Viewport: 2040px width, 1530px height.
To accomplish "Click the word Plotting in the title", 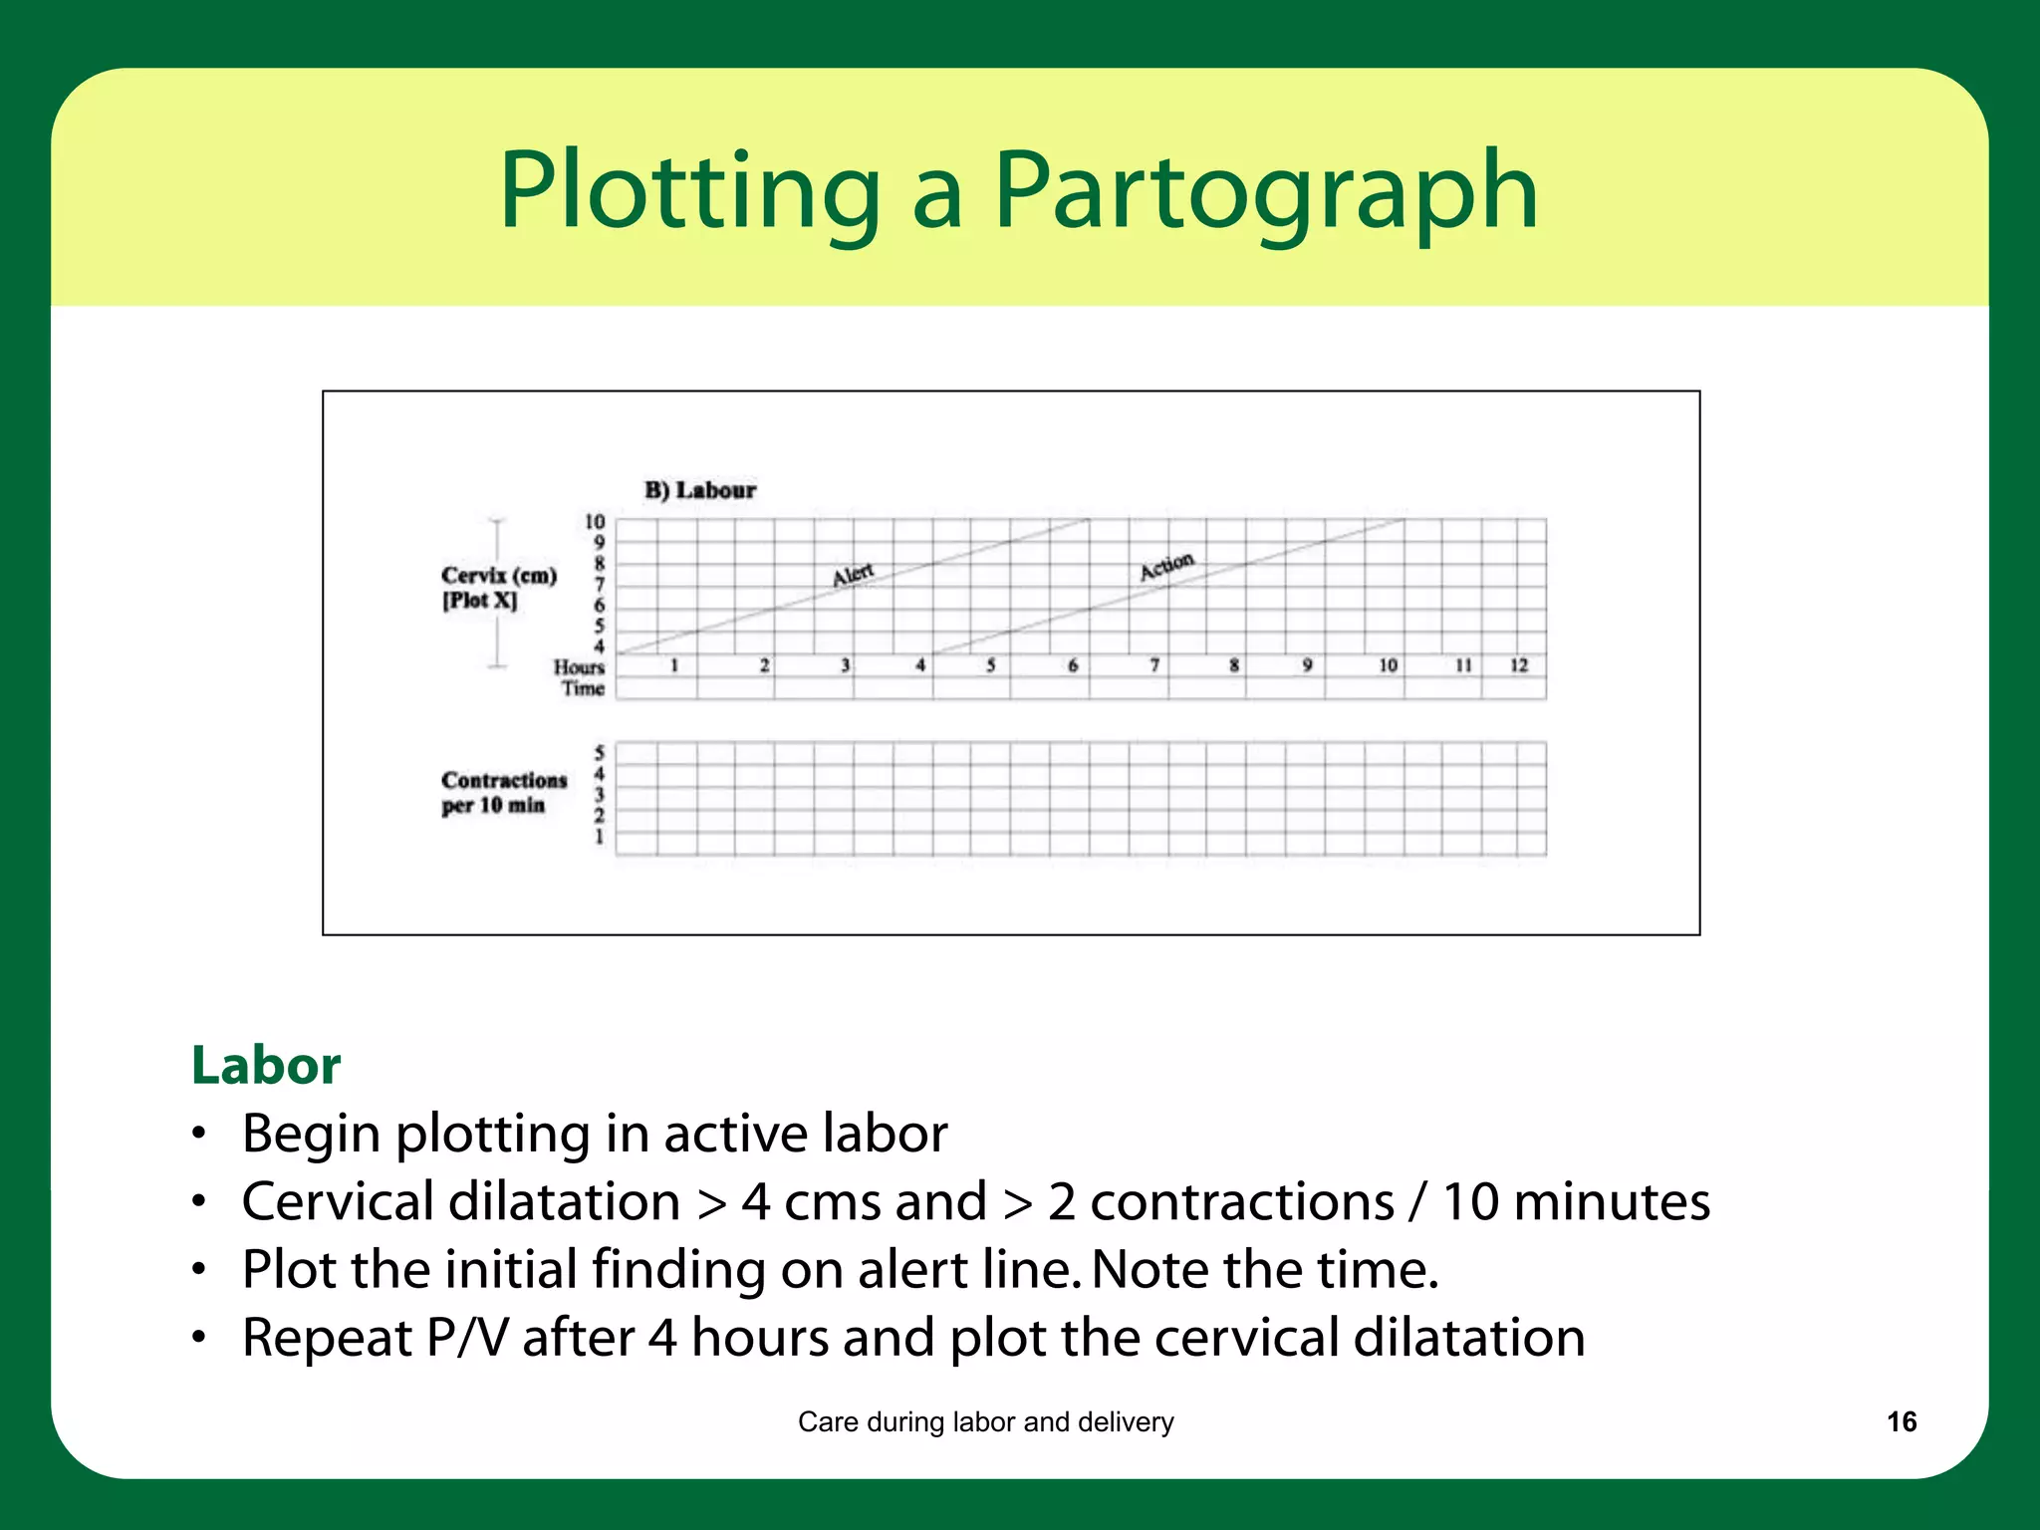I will [689, 191].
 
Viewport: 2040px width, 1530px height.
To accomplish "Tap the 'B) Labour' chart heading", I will [700, 490].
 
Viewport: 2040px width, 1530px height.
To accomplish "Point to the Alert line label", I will [853, 575].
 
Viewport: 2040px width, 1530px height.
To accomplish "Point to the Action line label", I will [1166, 566].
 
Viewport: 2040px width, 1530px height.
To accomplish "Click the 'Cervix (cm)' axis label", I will [499, 576].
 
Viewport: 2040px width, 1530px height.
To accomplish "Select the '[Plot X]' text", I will [480, 601].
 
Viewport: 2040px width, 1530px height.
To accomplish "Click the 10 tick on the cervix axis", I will [595, 522].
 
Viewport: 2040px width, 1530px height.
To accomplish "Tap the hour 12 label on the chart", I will [1518, 665].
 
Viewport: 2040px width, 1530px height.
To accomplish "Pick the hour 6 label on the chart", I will [1073, 665].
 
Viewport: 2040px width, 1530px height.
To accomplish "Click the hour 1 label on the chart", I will [674, 665].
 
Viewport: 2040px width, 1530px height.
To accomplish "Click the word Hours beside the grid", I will [580, 667].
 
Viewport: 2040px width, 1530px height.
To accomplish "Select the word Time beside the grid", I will [583, 688].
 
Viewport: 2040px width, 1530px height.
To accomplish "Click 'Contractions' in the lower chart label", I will [504, 780].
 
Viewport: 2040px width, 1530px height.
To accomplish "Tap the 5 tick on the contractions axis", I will [599, 753].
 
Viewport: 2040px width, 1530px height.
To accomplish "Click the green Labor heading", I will [266, 1065].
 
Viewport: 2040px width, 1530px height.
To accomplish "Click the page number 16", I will [1902, 1421].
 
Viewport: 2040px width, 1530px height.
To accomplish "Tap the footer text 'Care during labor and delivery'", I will [985, 1421].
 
